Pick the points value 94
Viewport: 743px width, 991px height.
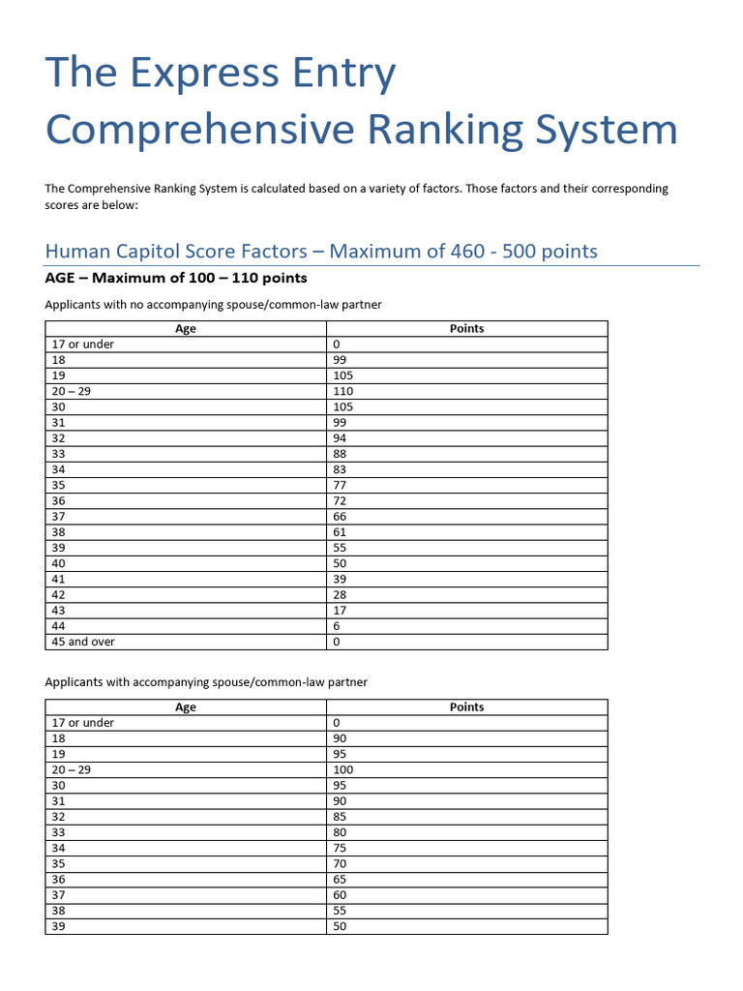[x=340, y=438]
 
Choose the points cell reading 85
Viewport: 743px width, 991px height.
[x=340, y=817]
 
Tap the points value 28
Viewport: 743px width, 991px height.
[x=340, y=594]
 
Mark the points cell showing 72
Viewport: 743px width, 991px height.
[x=340, y=500]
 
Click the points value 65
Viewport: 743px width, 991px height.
[x=340, y=879]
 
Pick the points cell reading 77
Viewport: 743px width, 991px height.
[x=340, y=485]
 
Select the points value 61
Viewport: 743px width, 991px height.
[x=340, y=532]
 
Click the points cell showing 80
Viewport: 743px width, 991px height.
[x=340, y=832]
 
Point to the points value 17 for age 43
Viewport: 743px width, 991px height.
[x=340, y=610]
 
